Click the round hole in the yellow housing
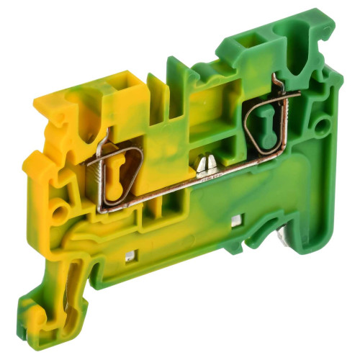coord(58,210)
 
